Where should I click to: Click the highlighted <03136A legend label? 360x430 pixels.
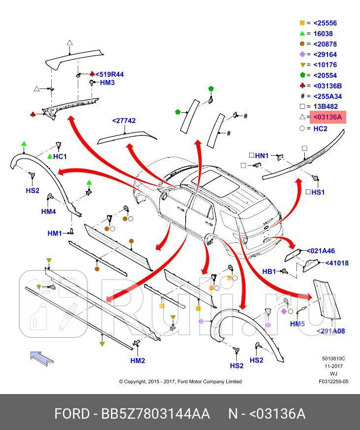pos(328,117)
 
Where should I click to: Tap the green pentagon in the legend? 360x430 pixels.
pos(302,75)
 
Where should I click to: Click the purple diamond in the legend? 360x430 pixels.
pos(302,54)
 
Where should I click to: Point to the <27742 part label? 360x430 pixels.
pos(124,121)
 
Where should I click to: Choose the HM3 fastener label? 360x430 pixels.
pos(107,83)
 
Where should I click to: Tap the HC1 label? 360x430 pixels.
pos(60,157)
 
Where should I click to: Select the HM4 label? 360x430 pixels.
pos(48,211)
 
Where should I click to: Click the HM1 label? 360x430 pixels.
pos(55,233)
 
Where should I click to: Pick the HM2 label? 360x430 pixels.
pos(137,361)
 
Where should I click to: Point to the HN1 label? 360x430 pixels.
pos(262,156)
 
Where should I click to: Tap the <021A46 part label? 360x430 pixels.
pos(321,251)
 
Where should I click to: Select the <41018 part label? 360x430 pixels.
pos(337,263)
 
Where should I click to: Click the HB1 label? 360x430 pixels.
pos(269,271)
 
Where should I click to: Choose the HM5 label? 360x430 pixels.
pos(297,324)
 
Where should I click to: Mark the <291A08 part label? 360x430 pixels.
pos(330,331)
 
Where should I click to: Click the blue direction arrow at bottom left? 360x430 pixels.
pos(42,357)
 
